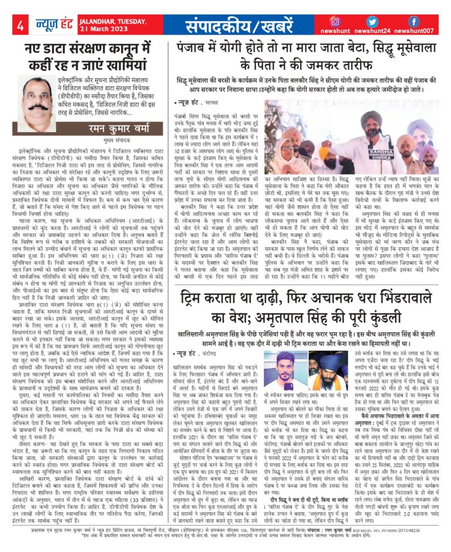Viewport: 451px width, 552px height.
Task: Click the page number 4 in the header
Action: pyautogui.click(x=20, y=25)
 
